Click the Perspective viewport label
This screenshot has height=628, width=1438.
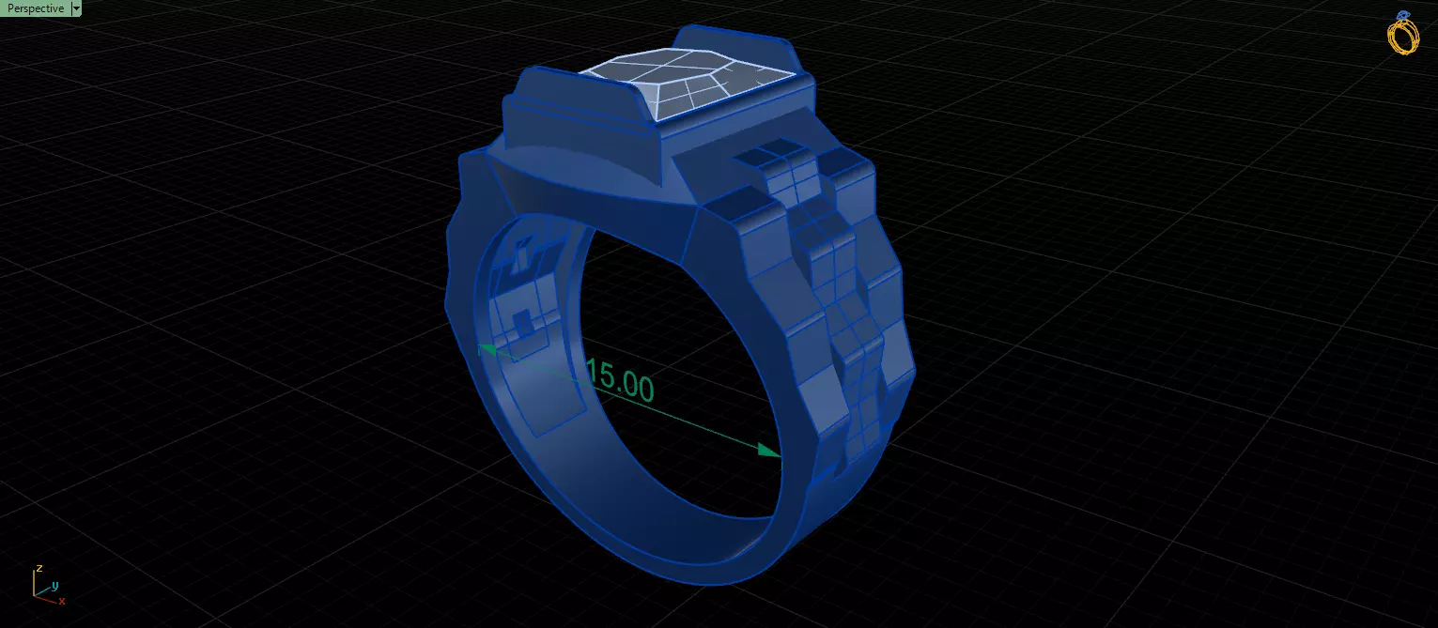(x=35, y=8)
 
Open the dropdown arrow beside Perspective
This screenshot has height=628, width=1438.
(x=76, y=8)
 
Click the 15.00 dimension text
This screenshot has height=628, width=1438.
(x=619, y=380)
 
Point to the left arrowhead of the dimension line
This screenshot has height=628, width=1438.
(x=487, y=350)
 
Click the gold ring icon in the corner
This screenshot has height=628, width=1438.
(x=1403, y=36)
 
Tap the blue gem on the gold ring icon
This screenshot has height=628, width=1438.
(x=1403, y=15)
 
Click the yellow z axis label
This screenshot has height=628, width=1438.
(x=39, y=569)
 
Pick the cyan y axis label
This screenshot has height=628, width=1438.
(x=54, y=586)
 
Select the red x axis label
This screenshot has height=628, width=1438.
(x=62, y=601)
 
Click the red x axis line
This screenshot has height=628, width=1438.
(x=47, y=597)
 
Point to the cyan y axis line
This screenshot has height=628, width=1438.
(x=43, y=590)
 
